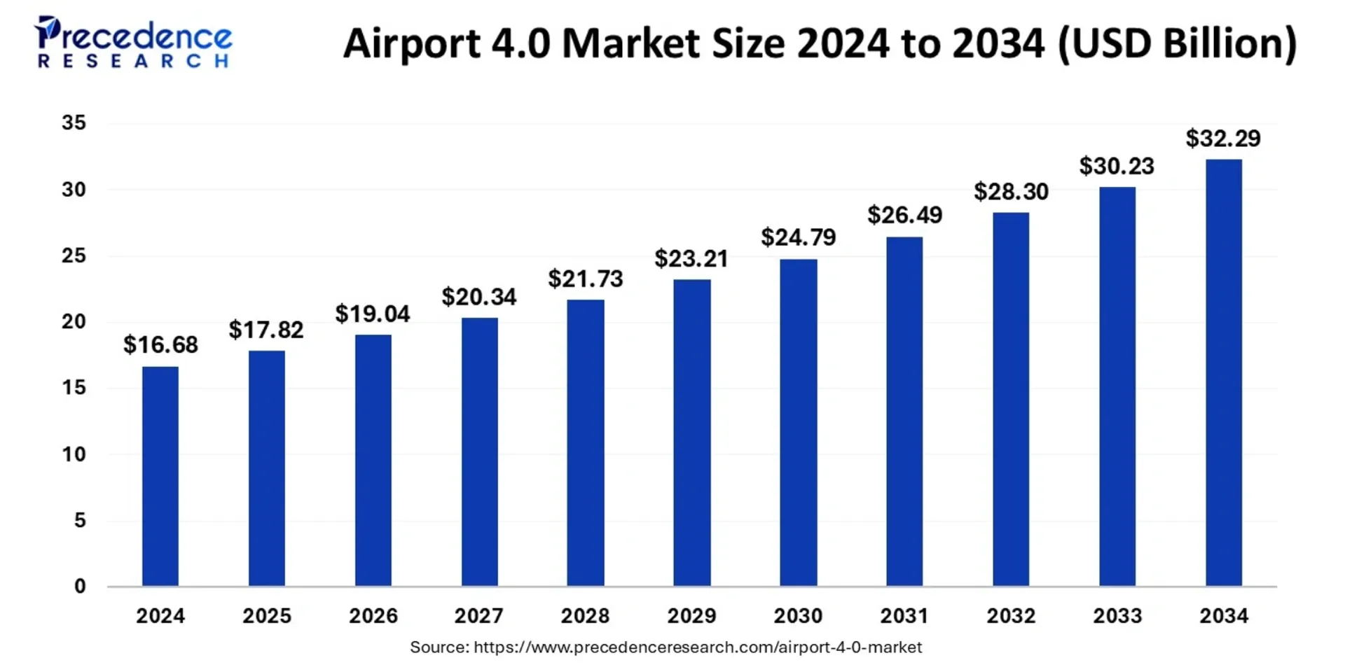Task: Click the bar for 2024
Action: coord(160,476)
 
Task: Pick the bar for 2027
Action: coord(480,451)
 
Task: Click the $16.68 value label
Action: coord(160,344)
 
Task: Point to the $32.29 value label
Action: coord(1223,139)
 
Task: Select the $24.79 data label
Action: coord(799,237)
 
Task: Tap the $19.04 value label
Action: coord(373,314)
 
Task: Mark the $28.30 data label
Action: coord(1011,191)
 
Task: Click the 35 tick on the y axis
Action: coord(74,123)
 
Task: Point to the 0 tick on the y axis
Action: coord(80,586)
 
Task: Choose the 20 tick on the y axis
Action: coord(74,321)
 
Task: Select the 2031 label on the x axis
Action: coord(904,616)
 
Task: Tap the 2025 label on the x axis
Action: coord(267,616)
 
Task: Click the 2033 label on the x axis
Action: coord(1117,616)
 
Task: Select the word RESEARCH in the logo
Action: coord(133,62)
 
